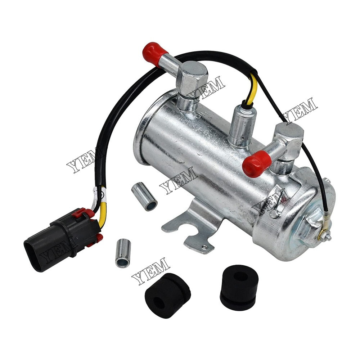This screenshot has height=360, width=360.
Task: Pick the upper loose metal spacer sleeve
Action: point(144,197)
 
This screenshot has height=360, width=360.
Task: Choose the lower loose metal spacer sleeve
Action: point(123,253)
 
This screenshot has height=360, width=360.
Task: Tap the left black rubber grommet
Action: point(168,295)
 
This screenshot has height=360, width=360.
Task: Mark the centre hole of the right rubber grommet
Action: point(240,276)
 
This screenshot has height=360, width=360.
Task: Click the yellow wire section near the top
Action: point(253,88)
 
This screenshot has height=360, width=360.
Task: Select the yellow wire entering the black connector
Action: point(102,216)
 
